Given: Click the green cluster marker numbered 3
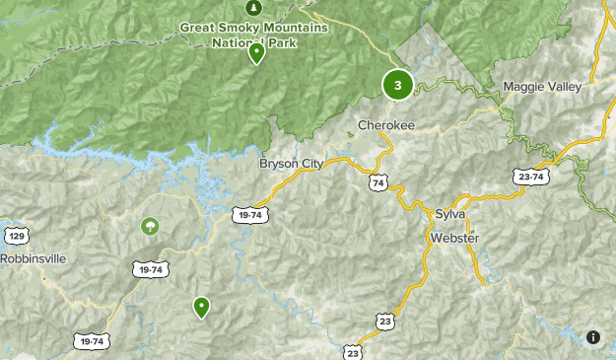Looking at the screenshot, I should tap(397, 85).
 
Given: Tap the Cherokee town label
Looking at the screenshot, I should tap(386, 126).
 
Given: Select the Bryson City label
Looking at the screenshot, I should tap(291, 164).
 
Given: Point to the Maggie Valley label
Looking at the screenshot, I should tap(542, 87).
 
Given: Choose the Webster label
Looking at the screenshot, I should tap(454, 239).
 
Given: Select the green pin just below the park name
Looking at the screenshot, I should tap(256, 53).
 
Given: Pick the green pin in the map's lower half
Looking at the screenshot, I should tap(201, 308).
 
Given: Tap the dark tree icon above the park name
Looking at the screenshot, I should tap(250, 8).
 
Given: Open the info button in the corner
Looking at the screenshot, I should tap(593, 337).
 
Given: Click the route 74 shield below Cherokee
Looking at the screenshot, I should tap(378, 183).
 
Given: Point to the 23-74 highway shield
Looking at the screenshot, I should tap(529, 177).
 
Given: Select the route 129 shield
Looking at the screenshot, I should tap(16, 236).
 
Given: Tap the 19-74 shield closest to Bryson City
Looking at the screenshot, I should tap(249, 214).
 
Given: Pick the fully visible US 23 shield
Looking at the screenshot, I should tap(386, 320).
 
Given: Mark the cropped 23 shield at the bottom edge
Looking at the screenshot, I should tap(354, 352).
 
